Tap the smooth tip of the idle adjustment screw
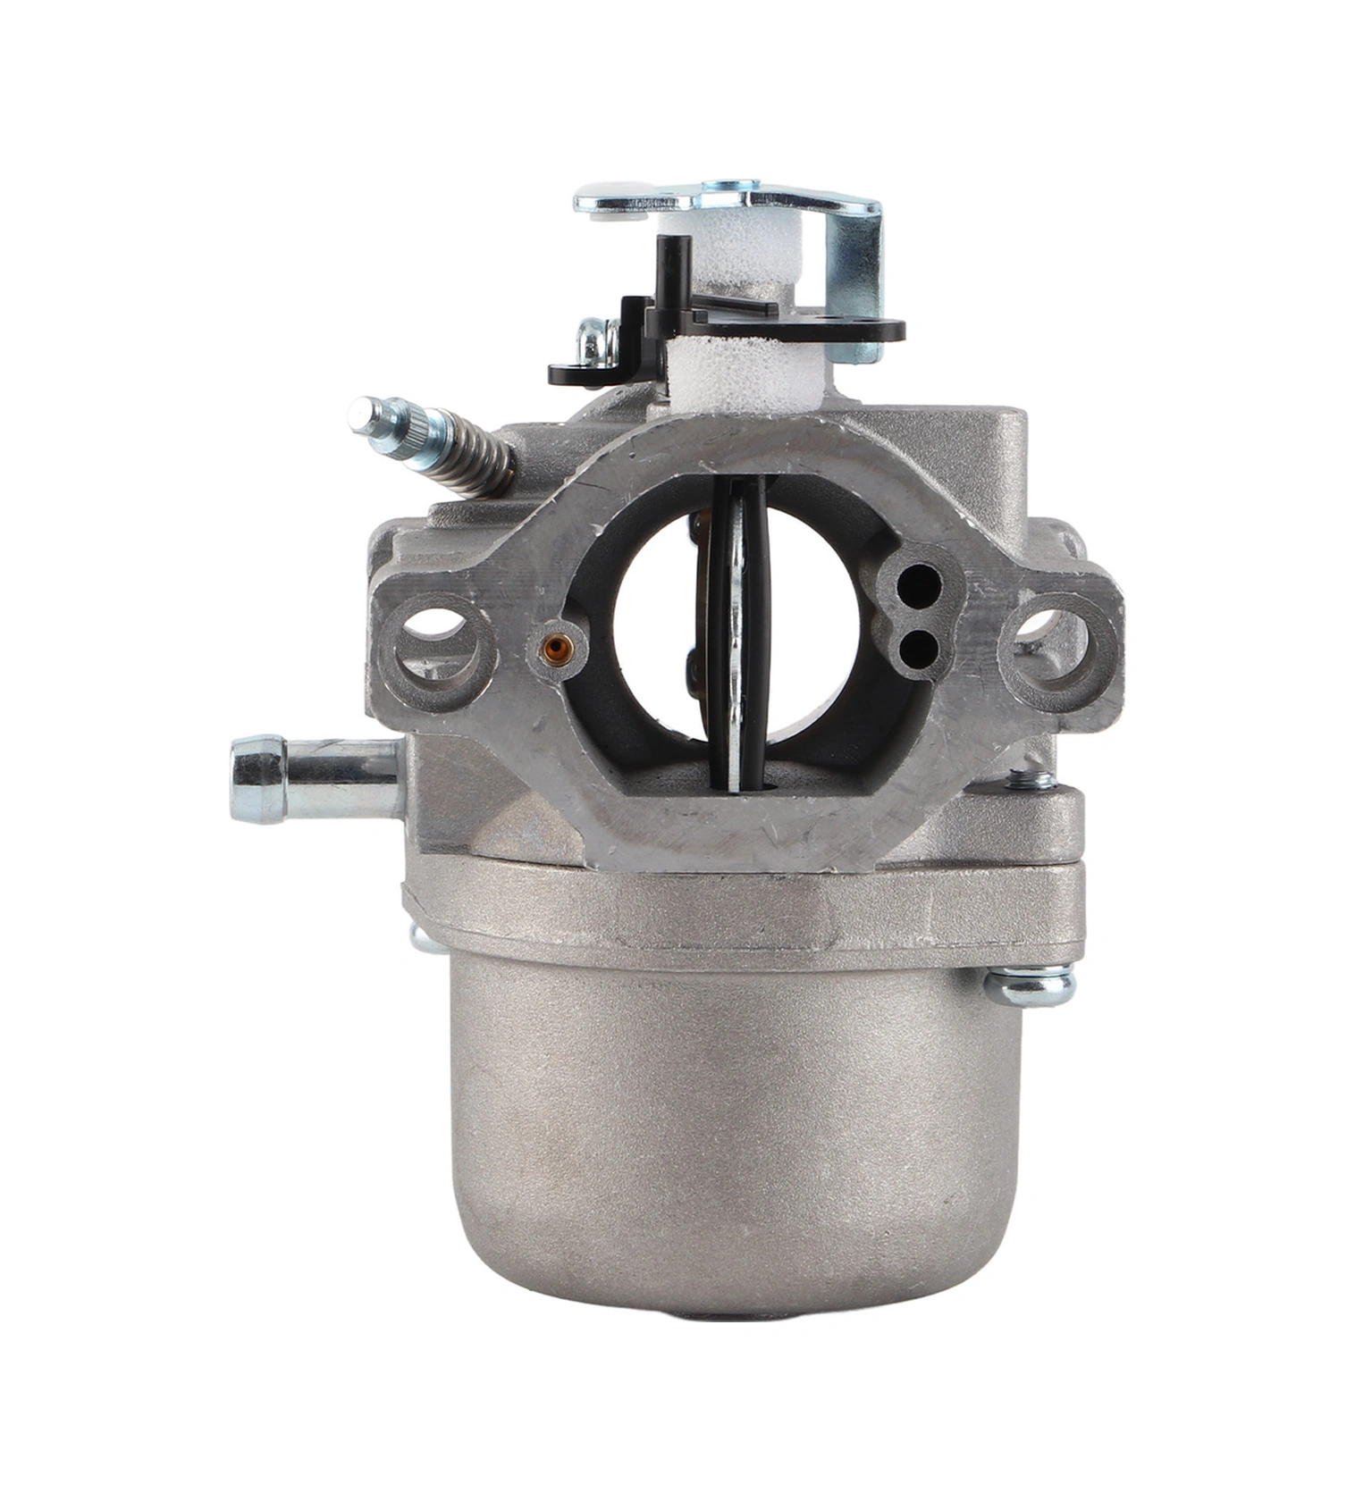click(361, 415)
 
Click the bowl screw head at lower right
click(1030, 985)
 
